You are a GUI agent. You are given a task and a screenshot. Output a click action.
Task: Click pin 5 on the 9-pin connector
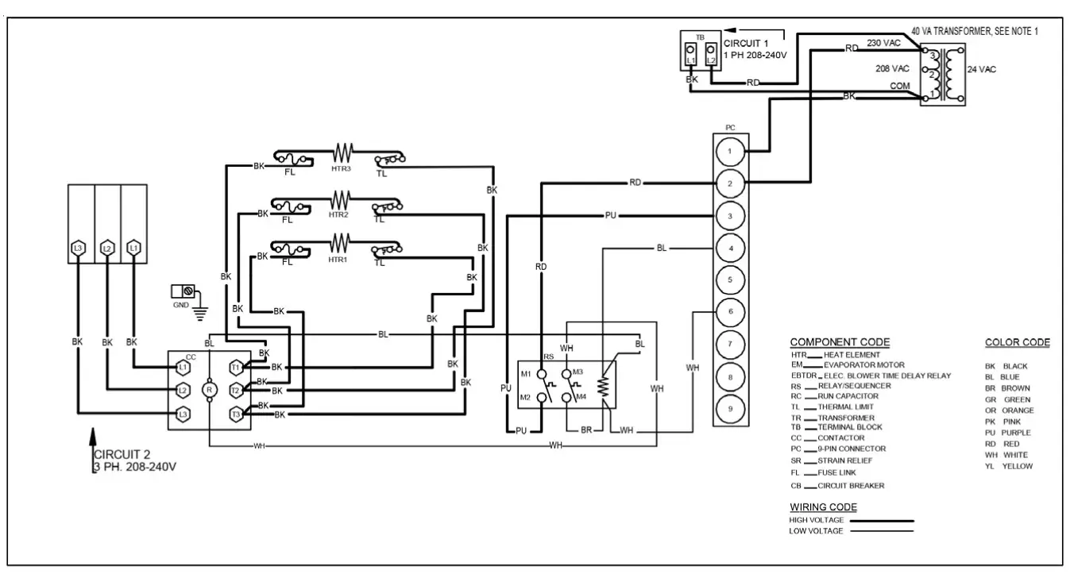tap(729, 279)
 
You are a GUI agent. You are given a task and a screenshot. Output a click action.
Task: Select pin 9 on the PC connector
tap(729, 408)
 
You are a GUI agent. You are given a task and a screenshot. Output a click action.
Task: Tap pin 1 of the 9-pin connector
tap(729, 151)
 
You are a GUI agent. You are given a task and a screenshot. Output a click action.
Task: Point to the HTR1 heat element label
tap(339, 260)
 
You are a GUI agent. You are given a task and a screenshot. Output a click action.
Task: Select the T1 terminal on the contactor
tap(236, 368)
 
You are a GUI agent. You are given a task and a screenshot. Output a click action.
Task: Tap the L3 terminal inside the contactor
tap(183, 414)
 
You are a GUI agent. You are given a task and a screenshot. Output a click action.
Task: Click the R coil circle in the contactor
tap(210, 390)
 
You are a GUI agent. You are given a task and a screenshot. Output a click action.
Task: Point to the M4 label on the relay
tap(580, 396)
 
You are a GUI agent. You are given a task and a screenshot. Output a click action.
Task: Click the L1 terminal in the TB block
tap(691, 55)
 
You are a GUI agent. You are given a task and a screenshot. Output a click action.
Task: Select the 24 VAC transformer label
tap(981, 70)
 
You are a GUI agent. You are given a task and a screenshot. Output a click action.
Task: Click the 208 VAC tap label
tap(892, 69)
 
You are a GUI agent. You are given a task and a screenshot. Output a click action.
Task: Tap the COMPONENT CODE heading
tap(840, 342)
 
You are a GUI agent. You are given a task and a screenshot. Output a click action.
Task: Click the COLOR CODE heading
tap(1017, 342)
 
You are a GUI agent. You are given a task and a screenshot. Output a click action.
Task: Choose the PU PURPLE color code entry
tap(1008, 433)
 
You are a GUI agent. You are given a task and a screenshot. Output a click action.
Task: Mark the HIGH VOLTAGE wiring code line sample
tap(881, 521)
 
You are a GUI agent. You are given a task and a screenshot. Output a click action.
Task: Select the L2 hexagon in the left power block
tap(106, 248)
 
